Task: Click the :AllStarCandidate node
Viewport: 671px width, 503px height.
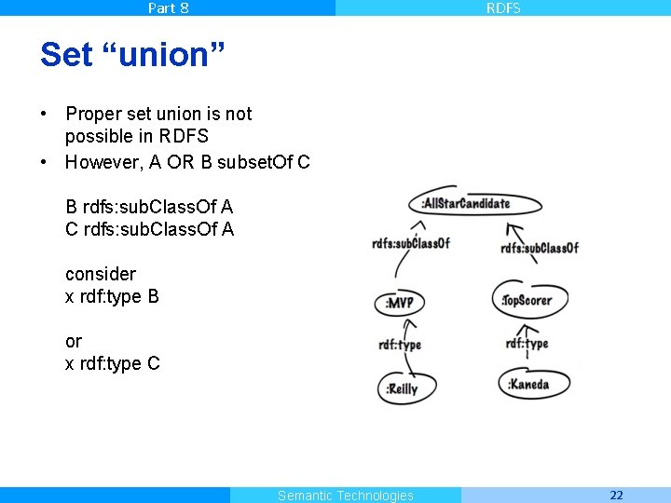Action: pyautogui.click(x=465, y=204)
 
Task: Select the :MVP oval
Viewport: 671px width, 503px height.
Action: pyautogui.click(x=401, y=303)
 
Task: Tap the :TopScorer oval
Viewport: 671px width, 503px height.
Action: pyautogui.click(x=527, y=300)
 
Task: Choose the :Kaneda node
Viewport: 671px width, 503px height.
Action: pyautogui.click(x=528, y=384)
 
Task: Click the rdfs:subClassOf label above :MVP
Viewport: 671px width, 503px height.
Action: pyautogui.click(x=410, y=243)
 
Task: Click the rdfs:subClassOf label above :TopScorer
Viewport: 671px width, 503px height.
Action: pyautogui.click(x=539, y=248)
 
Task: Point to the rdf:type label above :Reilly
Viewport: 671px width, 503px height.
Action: pyautogui.click(x=400, y=345)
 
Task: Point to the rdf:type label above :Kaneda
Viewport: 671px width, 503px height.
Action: pyautogui.click(x=527, y=344)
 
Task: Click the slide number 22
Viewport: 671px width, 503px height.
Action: pyautogui.click(x=616, y=495)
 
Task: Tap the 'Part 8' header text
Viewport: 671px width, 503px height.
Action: pyautogui.click(x=168, y=7)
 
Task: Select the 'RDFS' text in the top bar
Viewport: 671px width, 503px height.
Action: pyautogui.click(x=503, y=7)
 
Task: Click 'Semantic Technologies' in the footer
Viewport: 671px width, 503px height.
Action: pyautogui.click(x=345, y=496)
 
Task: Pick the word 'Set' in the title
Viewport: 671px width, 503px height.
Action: pyautogui.click(x=65, y=55)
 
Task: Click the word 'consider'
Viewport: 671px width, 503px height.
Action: pyautogui.click(x=101, y=274)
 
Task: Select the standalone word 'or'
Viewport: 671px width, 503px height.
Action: pyautogui.click(x=74, y=341)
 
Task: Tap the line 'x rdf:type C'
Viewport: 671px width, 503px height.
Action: pyautogui.click(x=112, y=363)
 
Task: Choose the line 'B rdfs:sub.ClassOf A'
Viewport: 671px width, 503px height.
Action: pyautogui.click(x=149, y=207)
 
